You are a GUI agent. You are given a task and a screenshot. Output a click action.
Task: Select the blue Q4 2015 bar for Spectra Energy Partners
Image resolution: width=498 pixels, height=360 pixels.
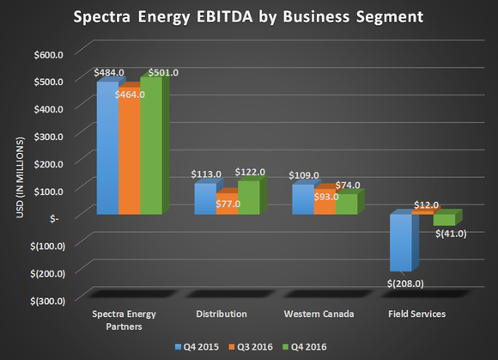click(x=106, y=147)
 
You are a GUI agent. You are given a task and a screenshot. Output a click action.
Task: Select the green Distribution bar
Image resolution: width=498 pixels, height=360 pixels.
click(x=248, y=197)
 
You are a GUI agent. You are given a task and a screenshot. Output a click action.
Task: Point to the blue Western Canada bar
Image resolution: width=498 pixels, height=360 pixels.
click(x=302, y=198)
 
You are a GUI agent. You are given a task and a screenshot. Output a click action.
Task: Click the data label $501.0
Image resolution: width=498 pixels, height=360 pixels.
click(x=163, y=72)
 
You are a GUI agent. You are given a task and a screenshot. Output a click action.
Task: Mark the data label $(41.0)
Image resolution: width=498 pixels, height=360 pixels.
click(x=449, y=233)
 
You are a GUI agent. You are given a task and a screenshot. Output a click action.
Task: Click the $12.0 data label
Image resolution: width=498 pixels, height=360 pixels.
click(x=426, y=205)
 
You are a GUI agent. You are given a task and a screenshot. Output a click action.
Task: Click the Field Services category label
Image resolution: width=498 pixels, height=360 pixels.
click(x=412, y=314)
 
